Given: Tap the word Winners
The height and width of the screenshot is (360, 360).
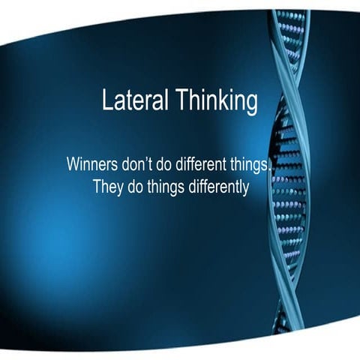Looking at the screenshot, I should tap(91, 164).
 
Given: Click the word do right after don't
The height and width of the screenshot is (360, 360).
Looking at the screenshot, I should tap(168, 164).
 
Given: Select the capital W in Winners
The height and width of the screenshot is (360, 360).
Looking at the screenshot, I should tap(73, 164).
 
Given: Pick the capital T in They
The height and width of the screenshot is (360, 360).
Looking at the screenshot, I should tap(97, 186).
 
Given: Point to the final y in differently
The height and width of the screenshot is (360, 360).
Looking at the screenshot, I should tap(245, 188).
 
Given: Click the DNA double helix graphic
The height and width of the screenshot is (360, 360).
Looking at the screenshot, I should tap(288, 180).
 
